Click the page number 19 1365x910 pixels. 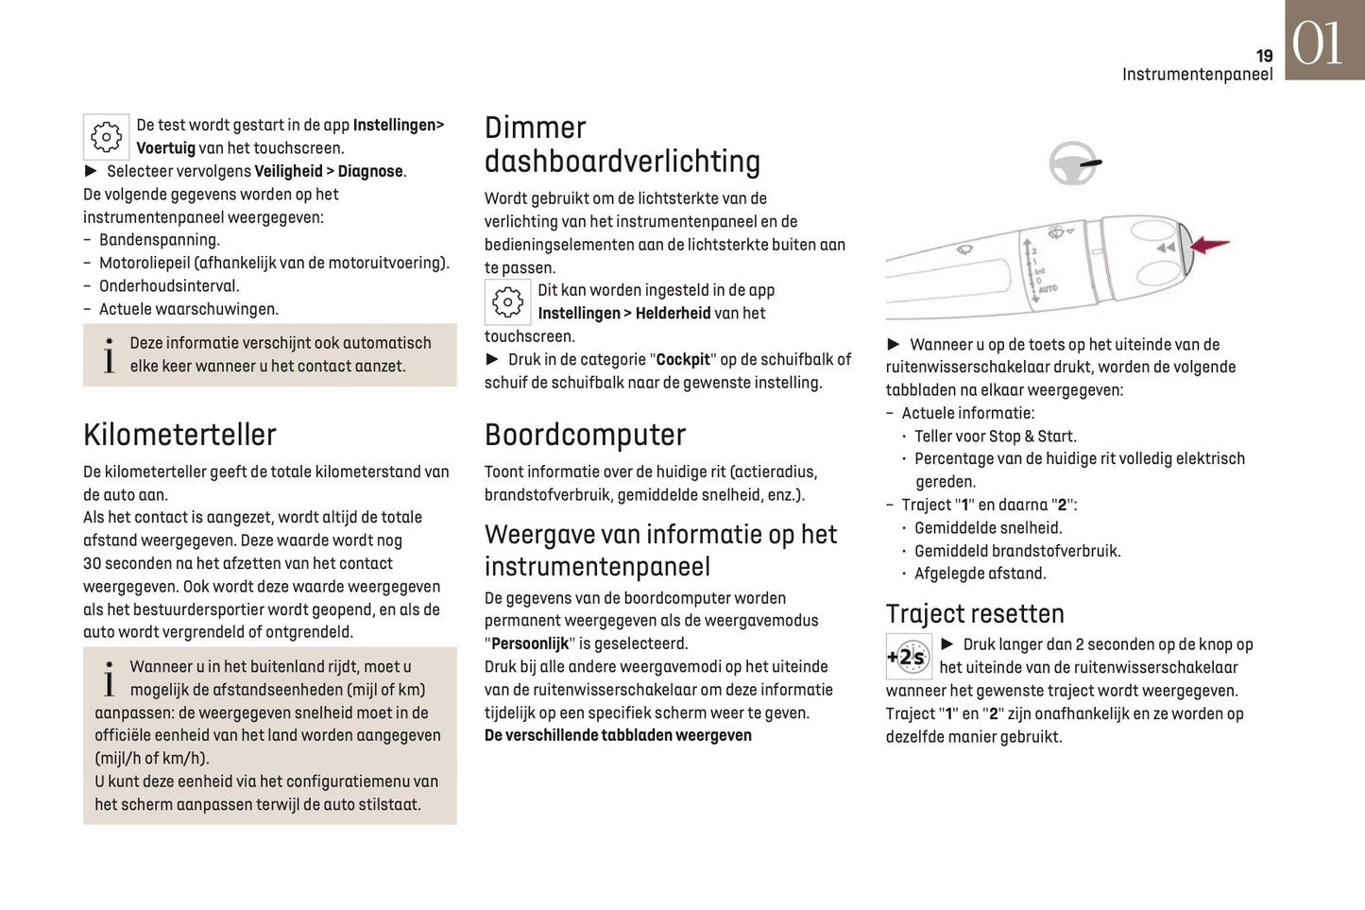(x=1264, y=56)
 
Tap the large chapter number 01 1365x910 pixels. (x=1318, y=43)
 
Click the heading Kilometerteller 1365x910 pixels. (x=179, y=435)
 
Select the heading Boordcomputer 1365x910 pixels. (x=585, y=435)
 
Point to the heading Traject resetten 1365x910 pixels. (x=974, y=614)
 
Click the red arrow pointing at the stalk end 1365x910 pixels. (x=1210, y=246)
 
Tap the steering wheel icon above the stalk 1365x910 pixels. (x=1074, y=163)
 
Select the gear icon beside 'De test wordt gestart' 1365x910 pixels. (x=106, y=137)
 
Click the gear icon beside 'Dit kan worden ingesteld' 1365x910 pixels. (x=507, y=302)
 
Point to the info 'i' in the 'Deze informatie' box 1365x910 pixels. (x=109, y=355)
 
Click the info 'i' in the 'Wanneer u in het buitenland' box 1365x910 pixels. (x=109, y=678)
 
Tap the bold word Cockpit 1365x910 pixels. (x=682, y=360)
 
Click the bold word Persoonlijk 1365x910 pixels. (x=530, y=644)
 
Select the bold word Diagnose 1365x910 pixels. (x=370, y=172)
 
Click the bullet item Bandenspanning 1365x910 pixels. (x=159, y=240)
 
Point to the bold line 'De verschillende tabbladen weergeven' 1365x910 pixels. (x=618, y=735)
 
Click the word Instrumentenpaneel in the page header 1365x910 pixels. (x=1197, y=75)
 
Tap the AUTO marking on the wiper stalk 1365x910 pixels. (x=1048, y=288)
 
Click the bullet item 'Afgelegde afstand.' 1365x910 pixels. (x=980, y=574)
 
